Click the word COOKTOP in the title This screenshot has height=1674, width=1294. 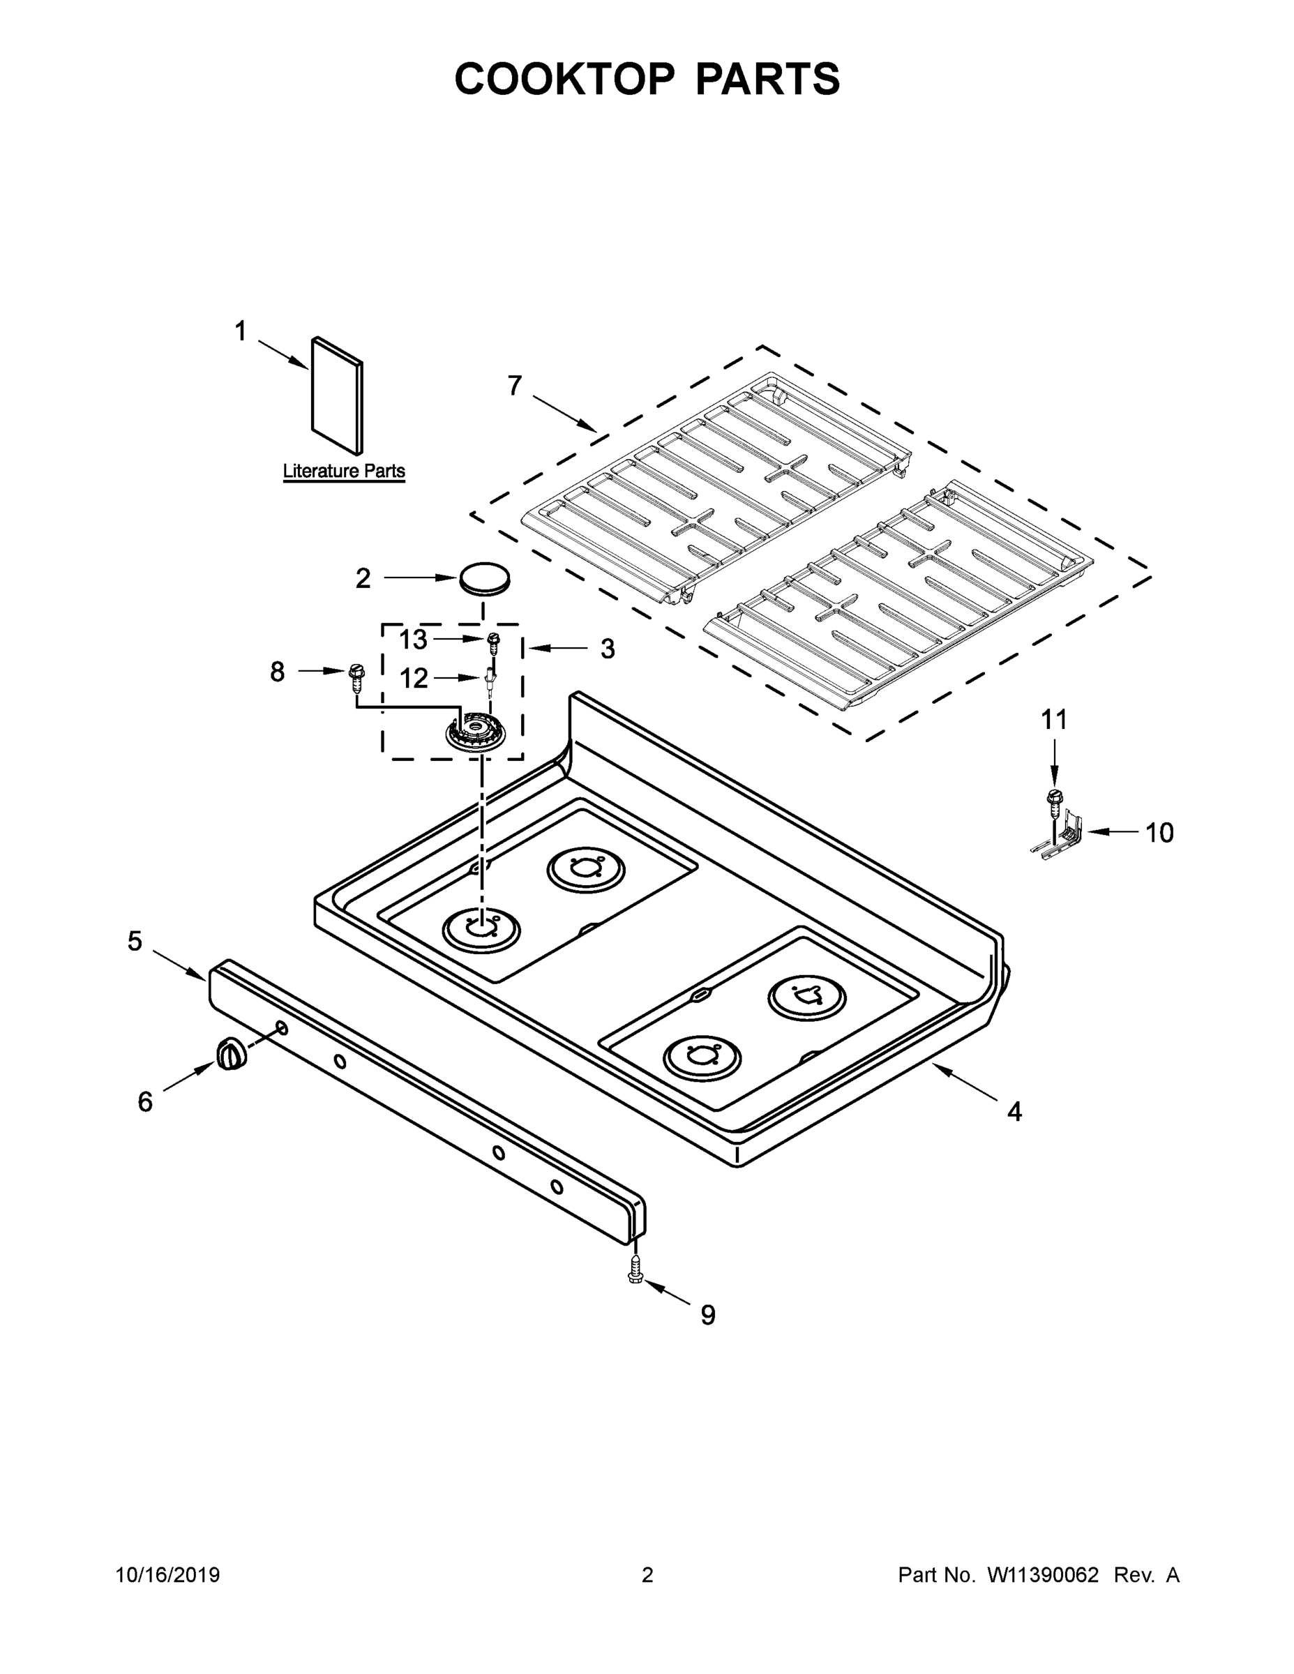click(x=565, y=79)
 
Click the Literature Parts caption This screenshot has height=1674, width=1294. click(x=343, y=471)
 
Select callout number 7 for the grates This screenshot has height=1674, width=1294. click(x=514, y=386)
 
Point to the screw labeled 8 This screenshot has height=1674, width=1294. click(x=356, y=675)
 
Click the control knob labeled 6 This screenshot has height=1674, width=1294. click(x=232, y=1055)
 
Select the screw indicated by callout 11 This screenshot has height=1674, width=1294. click(x=1055, y=799)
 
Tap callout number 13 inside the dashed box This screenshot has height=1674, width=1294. click(x=413, y=639)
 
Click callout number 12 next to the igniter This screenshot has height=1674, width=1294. click(x=414, y=679)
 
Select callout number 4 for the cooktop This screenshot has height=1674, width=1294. click(x=1014, y=1111)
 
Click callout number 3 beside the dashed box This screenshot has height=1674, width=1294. click(x=607, y=649)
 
